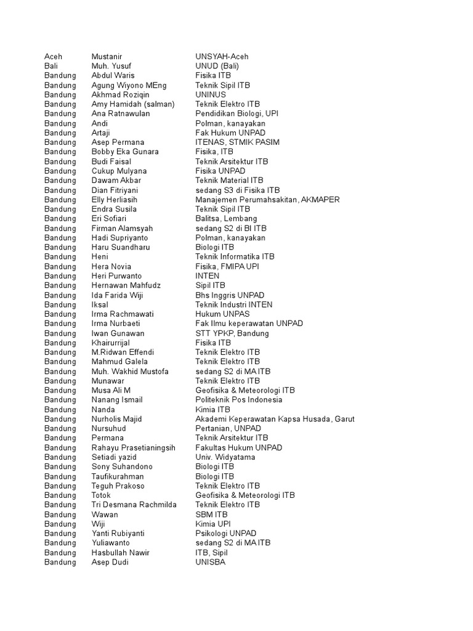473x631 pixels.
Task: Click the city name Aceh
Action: click(x=53, y=57)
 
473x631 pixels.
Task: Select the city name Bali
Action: click(x=51, y=66)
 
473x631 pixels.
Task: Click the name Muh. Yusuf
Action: click(x=111, y=66)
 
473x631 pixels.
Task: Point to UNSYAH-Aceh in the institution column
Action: click(x=222, y=57)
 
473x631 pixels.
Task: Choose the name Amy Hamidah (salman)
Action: click(x=133, y=104)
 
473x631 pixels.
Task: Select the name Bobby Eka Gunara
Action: click(x=125, y=152)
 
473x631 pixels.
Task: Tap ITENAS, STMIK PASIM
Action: click(x=237, y=142)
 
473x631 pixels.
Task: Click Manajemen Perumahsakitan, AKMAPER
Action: click(x=267, y=200)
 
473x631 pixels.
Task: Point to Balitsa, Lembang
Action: click(x=226, y=219)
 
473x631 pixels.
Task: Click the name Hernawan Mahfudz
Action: click(x=126, y=285)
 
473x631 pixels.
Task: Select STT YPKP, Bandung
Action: click(x=232, y=333)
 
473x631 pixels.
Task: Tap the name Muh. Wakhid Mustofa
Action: click(x=130, y=372)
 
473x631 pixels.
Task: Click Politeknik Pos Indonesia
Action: click(x=239, y=400)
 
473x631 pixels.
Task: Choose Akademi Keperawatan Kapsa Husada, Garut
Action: click(x=275, y=419)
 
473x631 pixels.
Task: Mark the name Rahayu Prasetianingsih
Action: click(x=134, y=447)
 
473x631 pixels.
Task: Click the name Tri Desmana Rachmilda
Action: click(x=134, y=505)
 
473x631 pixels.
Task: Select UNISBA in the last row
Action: click(x=211, y=562)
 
